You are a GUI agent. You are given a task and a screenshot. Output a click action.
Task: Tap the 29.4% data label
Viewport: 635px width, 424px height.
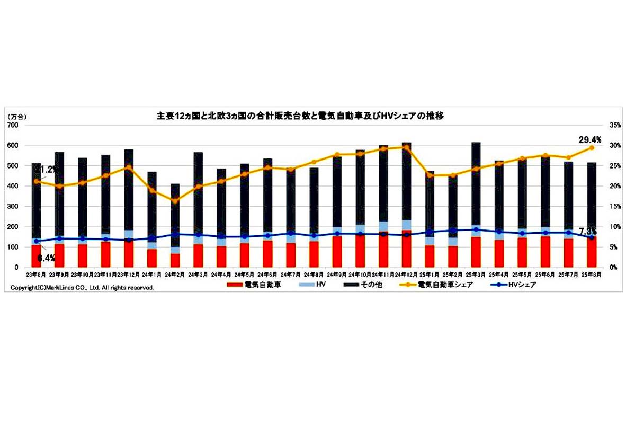coord(590,140)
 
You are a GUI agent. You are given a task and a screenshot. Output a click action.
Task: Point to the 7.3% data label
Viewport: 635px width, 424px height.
coord(589,232)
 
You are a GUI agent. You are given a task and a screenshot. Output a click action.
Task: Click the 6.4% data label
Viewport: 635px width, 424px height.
coord(46,258)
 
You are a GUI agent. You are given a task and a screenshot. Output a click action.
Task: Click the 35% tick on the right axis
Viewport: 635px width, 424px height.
coord(615,125)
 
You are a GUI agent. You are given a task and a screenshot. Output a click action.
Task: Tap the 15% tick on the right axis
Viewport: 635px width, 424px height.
coord(615,206)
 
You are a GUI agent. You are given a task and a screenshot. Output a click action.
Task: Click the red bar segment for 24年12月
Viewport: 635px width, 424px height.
coord(406,249)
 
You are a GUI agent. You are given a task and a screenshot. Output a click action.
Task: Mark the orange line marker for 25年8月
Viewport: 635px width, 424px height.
coord(592,148)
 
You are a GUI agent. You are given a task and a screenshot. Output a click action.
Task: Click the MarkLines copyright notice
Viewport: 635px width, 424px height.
coord(82,288)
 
